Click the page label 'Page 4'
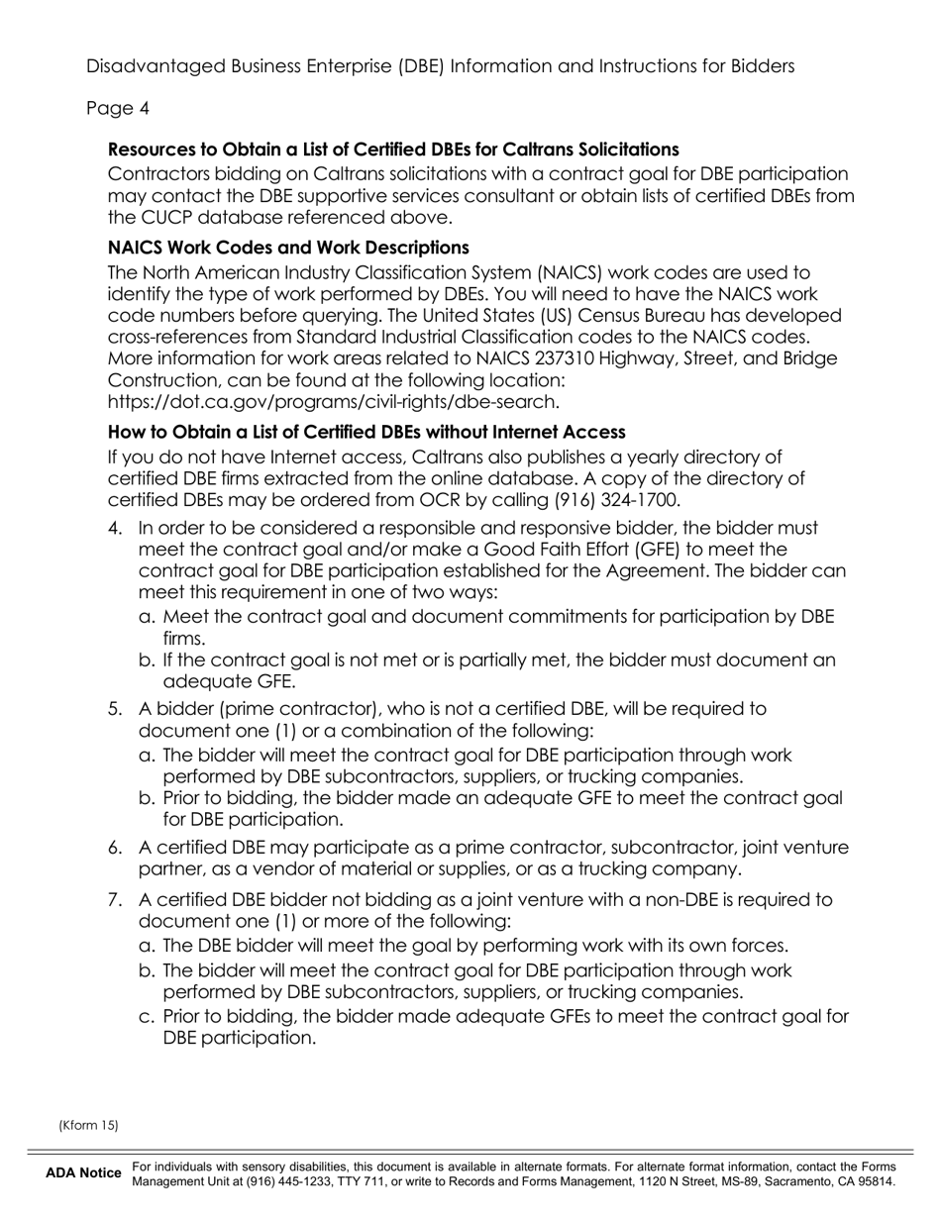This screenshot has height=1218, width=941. pos(118,108)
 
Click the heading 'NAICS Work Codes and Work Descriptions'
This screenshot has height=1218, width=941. pos(288,247)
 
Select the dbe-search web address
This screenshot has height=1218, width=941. pos(333,401)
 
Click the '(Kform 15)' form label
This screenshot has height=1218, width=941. pos(88,1125)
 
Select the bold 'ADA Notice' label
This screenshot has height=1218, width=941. pos(83,1173)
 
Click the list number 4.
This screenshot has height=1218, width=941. pos(116,528)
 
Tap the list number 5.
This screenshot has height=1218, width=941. pos(116,709)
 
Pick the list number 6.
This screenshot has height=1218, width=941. pos(116,848)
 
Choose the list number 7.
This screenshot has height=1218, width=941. pos(116,899)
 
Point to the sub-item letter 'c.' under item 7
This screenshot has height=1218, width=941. pos(148,1016)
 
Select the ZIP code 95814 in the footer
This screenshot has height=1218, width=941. pos(877,1181)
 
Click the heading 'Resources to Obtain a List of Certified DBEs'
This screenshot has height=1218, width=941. pos(393,150)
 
